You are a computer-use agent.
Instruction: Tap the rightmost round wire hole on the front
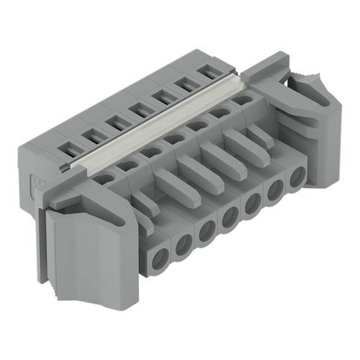[x=295, y=180]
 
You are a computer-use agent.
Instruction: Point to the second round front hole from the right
[x=274, y=191]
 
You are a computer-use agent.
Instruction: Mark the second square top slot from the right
[x=186, y=83]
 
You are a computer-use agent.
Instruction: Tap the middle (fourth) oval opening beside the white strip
[x=173, y=138]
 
